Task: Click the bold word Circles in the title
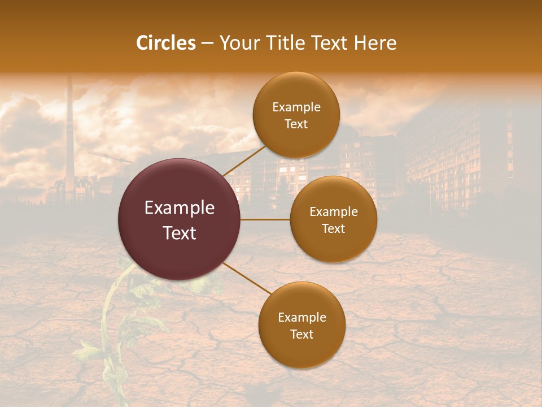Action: point(166,43)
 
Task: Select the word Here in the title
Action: point(375,43)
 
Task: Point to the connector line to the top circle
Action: point(244,160)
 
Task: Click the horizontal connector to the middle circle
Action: point(265,219)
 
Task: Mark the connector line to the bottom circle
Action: point(246,278)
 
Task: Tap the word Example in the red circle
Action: point(180,208)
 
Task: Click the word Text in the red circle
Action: point(180,233)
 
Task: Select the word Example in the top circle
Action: point(296,107)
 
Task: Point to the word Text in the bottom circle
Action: point(301,335)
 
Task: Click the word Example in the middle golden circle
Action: point(333,212)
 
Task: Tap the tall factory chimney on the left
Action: point(69,136)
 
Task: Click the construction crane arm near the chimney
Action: point(107,156)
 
